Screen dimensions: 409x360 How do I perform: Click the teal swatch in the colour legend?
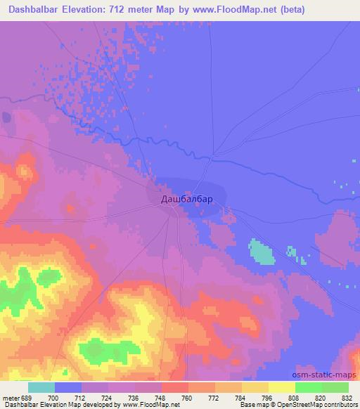(x=41, y=387)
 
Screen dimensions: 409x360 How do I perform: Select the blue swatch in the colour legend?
(x=68, y=387)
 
